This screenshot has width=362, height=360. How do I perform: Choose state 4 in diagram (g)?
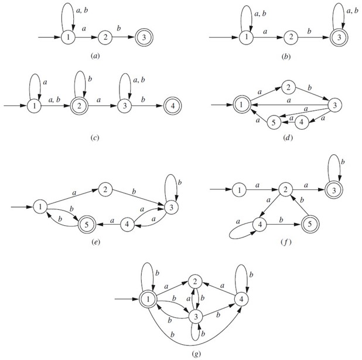click(x=240, y=299)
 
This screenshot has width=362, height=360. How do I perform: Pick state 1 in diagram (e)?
click(x=40, y=206)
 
